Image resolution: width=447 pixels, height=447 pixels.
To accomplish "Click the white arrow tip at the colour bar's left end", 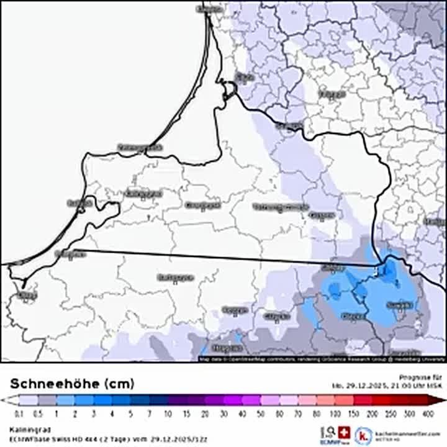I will [x=4, y=401].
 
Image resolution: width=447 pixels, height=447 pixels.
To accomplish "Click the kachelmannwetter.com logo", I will [x=397, y=435].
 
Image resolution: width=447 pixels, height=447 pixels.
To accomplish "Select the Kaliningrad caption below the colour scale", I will [x=25, y=428].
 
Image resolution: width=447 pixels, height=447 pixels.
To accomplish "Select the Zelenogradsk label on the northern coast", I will [x=140, y=148].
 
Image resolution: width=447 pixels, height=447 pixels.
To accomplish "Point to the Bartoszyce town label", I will [x=176, y=277].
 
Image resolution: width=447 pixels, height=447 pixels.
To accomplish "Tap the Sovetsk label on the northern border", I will [x=289, y=126].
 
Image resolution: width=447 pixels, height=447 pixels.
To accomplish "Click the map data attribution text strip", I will [x=322, y=359].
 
